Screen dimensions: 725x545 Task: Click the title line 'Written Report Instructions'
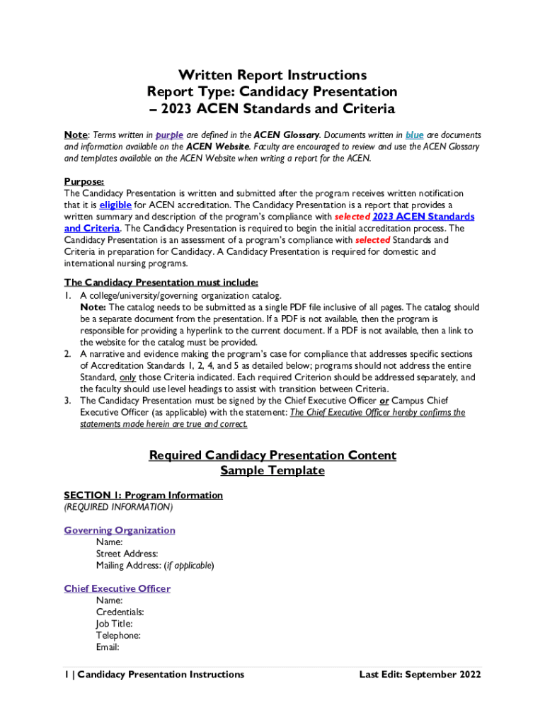pos(272,75)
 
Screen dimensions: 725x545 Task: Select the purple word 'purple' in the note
pos(169,135)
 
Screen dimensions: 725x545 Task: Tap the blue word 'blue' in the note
pos(415,135)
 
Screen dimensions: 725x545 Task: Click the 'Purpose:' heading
pos(84,181)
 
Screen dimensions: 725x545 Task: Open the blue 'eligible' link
pos(115,205)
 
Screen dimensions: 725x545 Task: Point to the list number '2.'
pos(68,354)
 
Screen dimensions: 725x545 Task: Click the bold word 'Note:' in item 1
pos(93,307)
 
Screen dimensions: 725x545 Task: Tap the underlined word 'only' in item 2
pos(127,377)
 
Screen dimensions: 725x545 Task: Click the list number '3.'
pos(68,401)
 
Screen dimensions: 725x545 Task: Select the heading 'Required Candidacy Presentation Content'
pos(272,455)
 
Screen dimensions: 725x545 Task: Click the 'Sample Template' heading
pos(272,471)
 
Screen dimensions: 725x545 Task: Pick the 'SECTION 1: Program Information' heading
pos(143,496)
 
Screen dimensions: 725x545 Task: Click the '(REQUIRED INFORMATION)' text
pos(117,508)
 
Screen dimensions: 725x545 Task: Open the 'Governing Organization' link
pos(120,530)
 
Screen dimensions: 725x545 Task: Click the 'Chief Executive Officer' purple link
pos(117,589)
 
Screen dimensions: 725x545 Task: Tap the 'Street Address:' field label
pos(127,554)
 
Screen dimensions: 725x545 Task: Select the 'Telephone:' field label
pos(118,635)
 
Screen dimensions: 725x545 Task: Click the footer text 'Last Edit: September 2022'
pos(420,675)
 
